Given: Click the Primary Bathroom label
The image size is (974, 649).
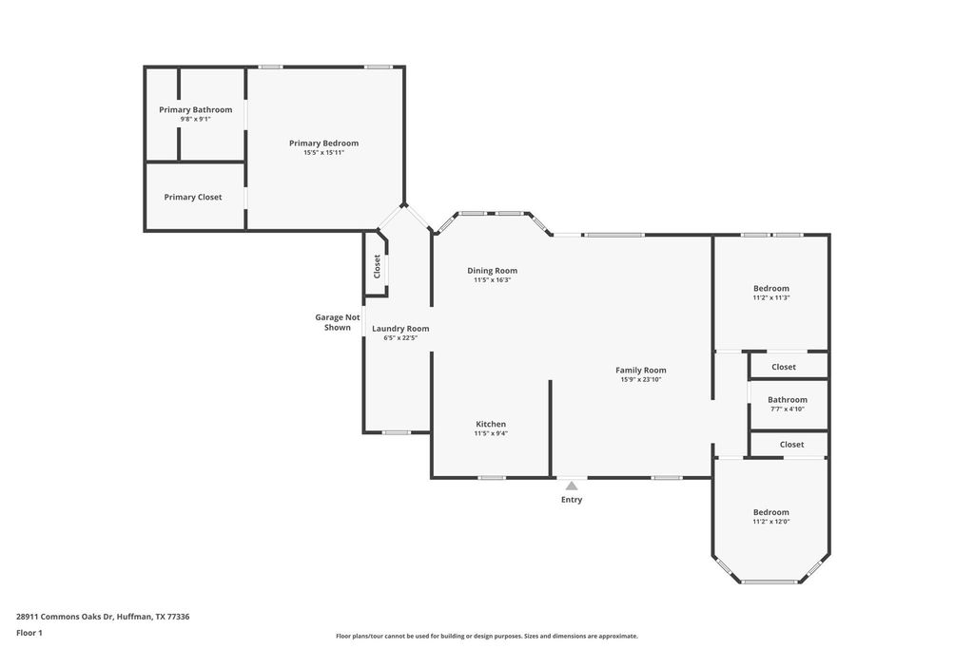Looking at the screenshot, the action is [196, 110].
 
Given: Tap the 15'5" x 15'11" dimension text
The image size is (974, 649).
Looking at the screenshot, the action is [323, 153].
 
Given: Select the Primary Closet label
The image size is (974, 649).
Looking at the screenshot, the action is [192, 198].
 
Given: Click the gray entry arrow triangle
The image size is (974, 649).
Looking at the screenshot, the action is [572, 486].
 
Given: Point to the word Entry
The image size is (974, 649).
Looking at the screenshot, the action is [572, 500].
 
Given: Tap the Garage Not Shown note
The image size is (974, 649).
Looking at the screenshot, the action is [338, 322].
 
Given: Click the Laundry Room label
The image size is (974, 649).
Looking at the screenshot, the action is [400, 329].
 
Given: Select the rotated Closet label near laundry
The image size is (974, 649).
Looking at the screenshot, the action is [377, 266].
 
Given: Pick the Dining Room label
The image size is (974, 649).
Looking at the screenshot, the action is [492, 271].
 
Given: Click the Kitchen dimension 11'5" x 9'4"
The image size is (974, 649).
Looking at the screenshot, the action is [491, 433].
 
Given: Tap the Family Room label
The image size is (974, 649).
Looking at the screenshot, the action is [640, 371].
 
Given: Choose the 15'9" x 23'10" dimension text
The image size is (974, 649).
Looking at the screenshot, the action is [640, 380].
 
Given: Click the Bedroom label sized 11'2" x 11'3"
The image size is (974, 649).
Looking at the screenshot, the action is [770, 289].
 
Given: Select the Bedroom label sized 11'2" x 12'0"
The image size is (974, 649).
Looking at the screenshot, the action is [770, 512].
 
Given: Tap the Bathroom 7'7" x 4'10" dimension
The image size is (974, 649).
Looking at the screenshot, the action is [788, 410].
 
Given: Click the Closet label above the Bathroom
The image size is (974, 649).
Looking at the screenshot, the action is [784, 368].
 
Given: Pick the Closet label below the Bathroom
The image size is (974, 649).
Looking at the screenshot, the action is [791, 445].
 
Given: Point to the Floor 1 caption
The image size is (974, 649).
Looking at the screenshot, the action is [29, 634].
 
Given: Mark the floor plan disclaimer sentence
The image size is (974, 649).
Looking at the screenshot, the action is [487, 636].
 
